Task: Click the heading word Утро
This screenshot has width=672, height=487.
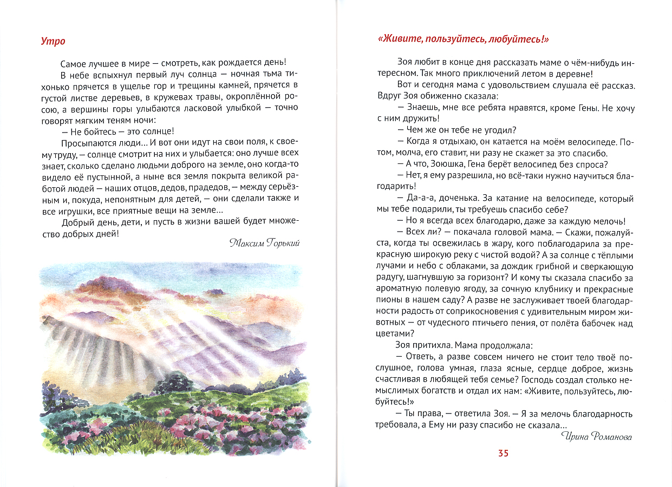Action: [x=53, y=41]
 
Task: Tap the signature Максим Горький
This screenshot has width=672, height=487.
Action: [x=264, y=243]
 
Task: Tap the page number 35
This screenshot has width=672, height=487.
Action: [x=503, y=453]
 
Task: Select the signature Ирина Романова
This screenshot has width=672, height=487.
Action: [x=596, y=436]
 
